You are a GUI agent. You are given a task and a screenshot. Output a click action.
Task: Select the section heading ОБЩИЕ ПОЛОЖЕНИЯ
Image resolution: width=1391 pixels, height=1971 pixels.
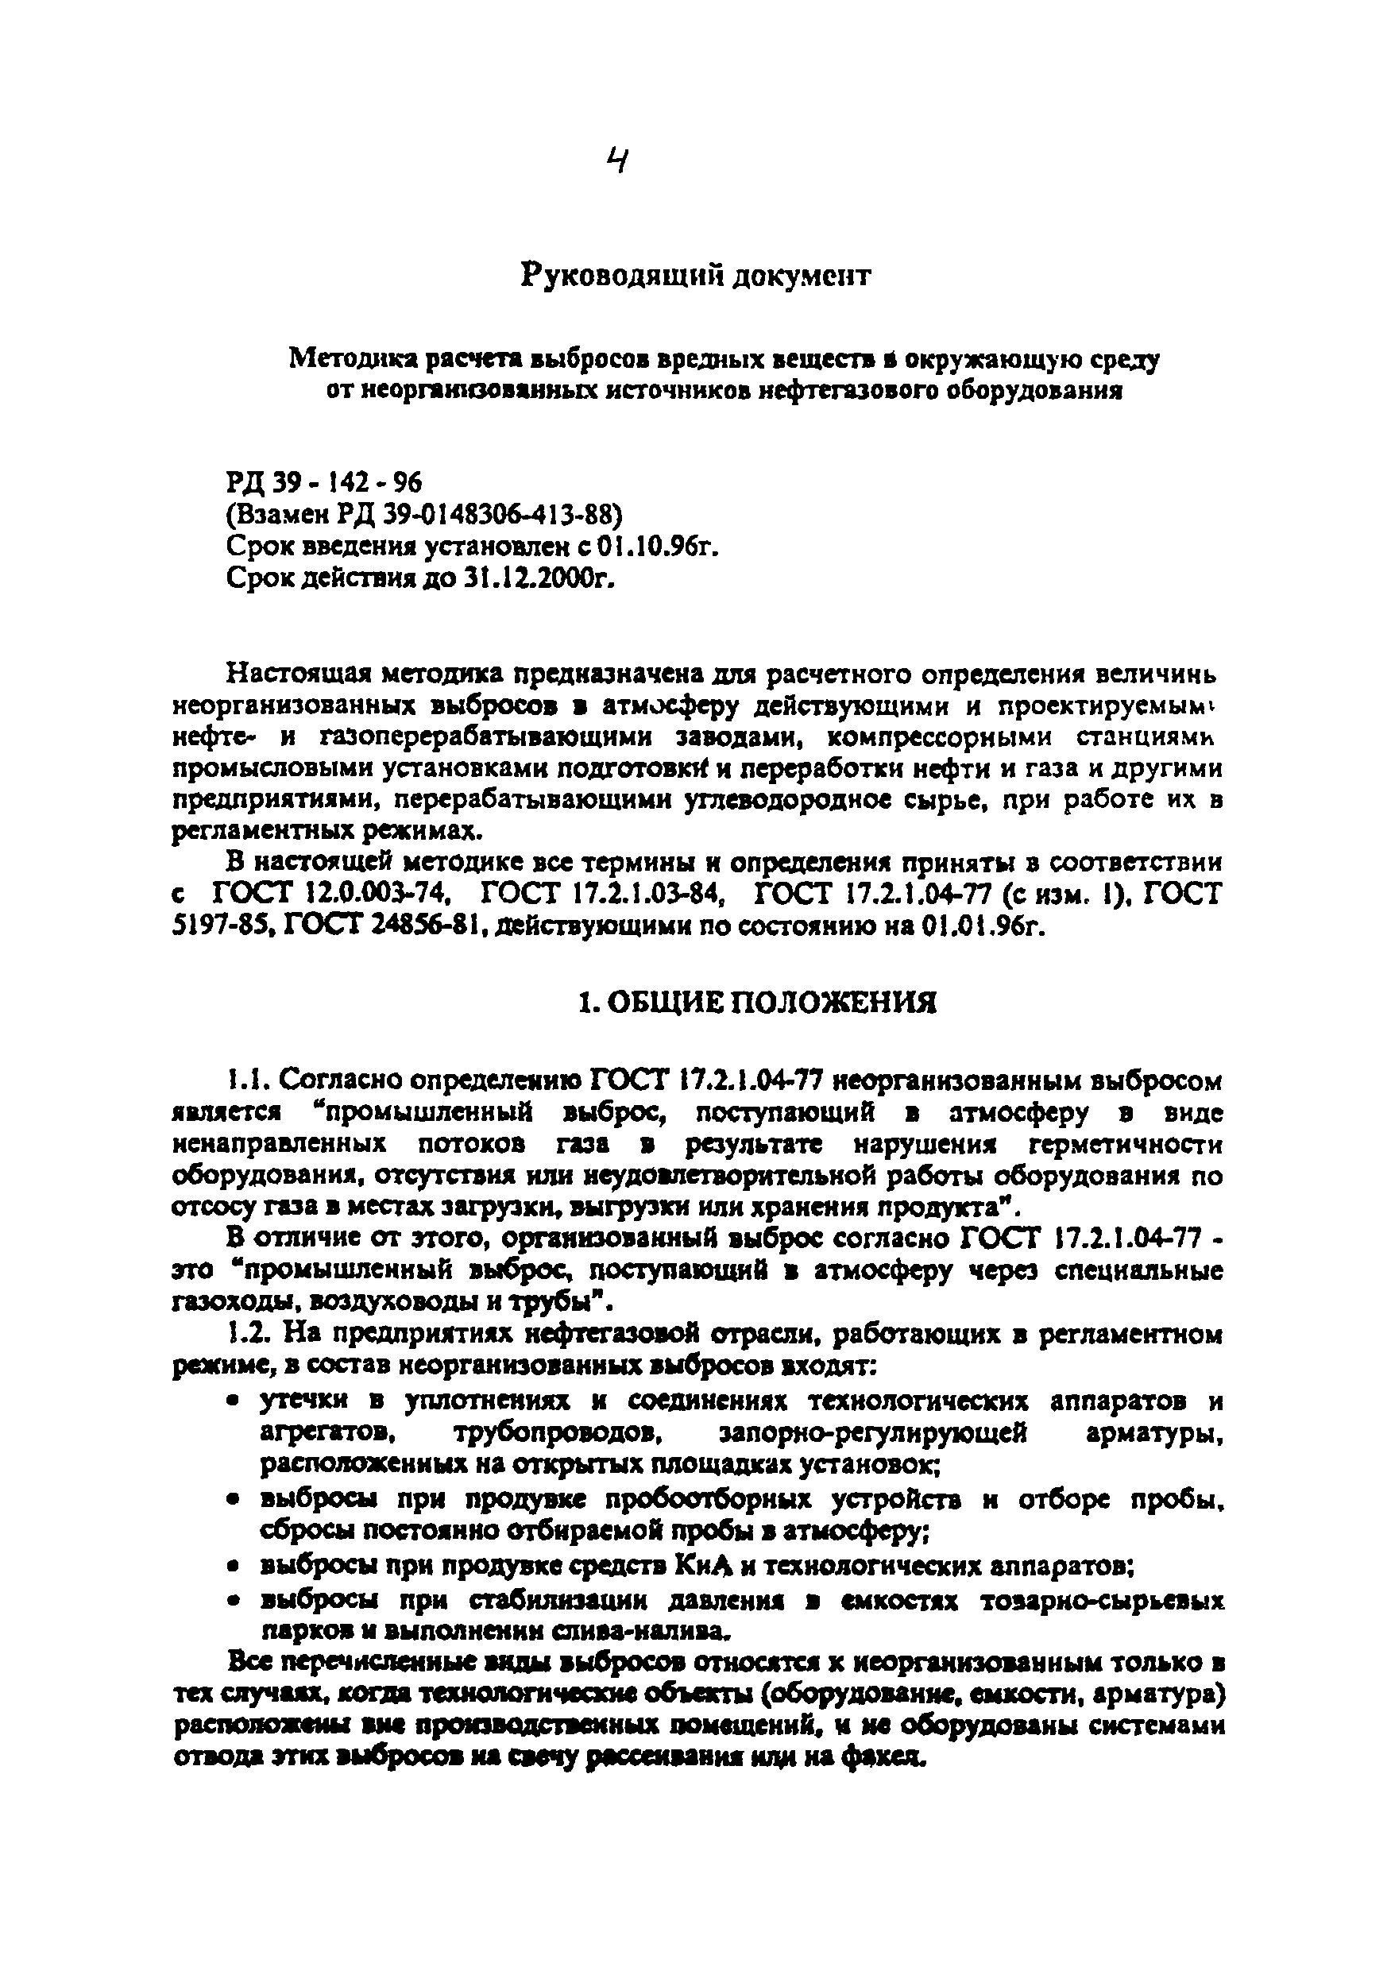coord(769,1002)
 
